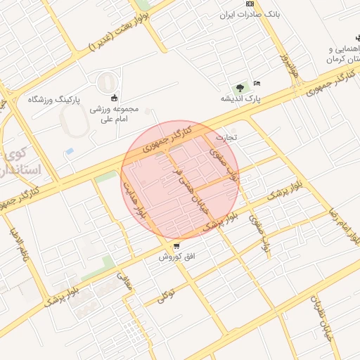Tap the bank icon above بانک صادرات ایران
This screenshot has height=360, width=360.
pyautogui.click(x=250, y=4)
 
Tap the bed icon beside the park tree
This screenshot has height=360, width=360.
pyautogui.click(x=257, y=84)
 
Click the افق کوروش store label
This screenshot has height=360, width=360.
pyautogui.click(x=176, y=257)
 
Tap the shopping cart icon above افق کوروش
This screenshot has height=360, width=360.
pyautogui.click(x=176, y=247)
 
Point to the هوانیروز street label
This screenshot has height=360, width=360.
pyautogui.click(x=289, y=67)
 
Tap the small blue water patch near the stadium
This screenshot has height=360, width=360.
pyautogui.click(x=70, y=151)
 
